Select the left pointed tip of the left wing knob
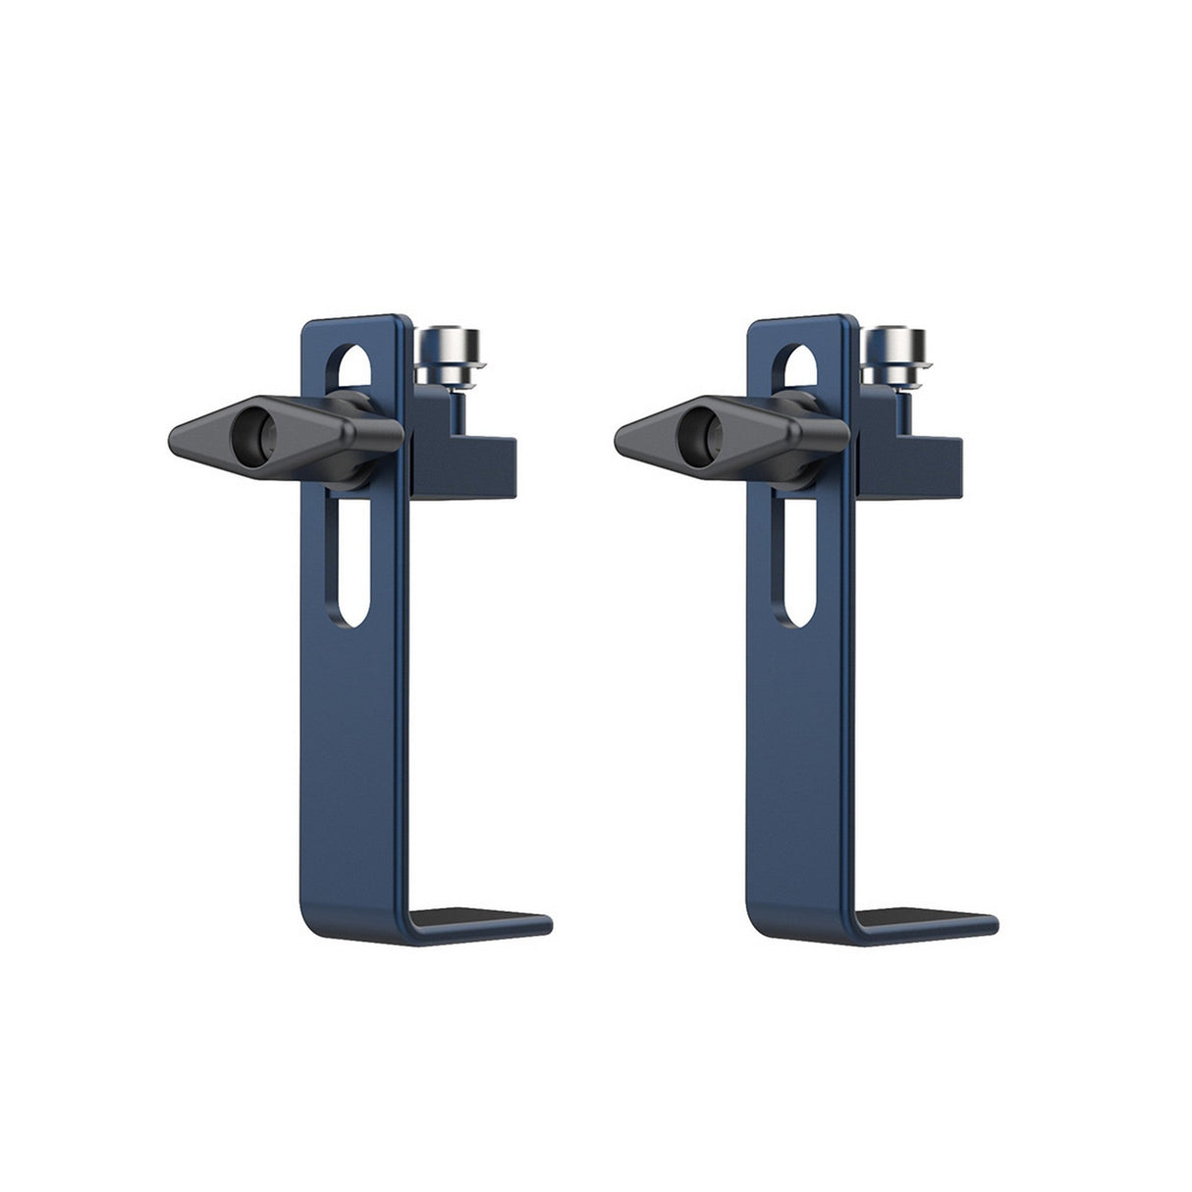coord(178,433)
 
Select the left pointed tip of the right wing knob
coord(622,433)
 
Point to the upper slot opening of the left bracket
coord(355,368)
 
